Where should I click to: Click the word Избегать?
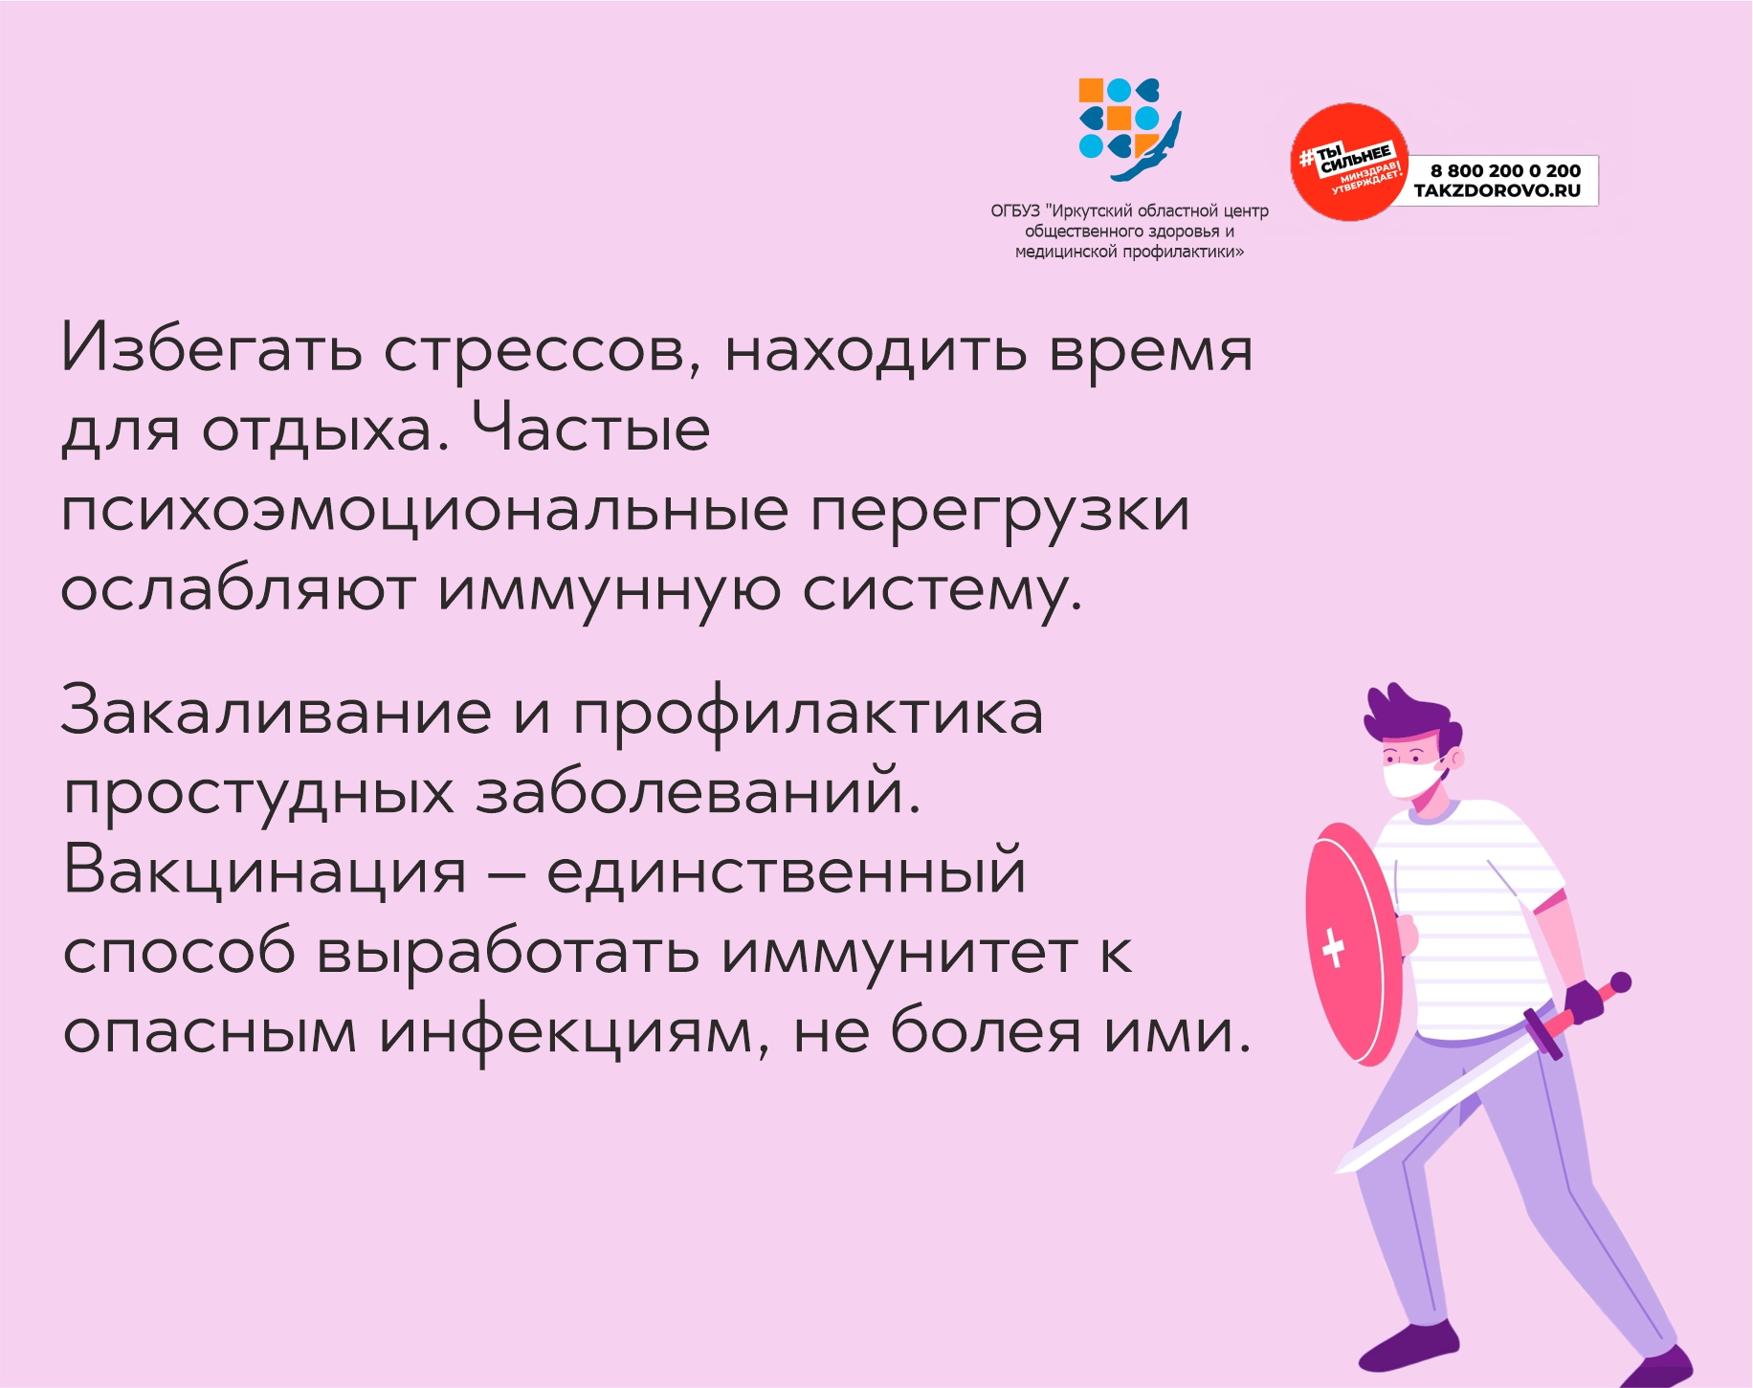tap(211, 348)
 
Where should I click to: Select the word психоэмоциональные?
tap(425, 512)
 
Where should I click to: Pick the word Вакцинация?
tap(265, 872)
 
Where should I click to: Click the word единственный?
tap(787, 872)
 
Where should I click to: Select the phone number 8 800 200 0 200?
tap(1505, 170)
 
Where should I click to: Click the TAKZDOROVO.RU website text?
tap(1498, 190)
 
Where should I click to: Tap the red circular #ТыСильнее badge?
tap(1349, 163)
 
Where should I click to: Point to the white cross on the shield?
tap(1333, 947)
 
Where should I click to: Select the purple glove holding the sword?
tap(1584, 1002)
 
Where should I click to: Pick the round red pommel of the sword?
tap(1620, 982)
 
